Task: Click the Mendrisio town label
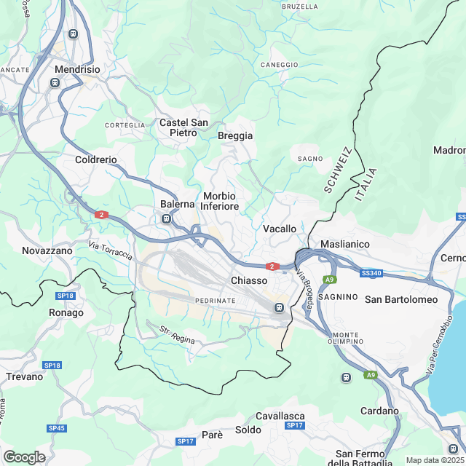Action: (x=76, y=70)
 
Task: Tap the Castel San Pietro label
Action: (x=184, y=128)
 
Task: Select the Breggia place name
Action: (x=235, y=136)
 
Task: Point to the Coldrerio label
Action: (x=95, y=159)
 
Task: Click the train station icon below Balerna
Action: (x=167, y=218)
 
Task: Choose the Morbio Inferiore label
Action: (x=220, y=202)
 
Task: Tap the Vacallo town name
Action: (x=279, y=229)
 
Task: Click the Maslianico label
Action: (x=345, y=244)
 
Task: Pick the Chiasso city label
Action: (x=250, y=280)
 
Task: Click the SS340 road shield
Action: (x=371, y=273)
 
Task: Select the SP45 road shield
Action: (x=58, y=428)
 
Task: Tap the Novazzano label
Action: (x=47, y=250)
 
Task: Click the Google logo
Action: (x=24, y=457)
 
